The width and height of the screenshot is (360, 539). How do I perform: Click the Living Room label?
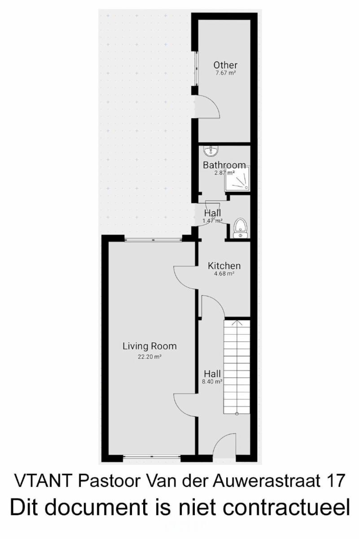(149, 346)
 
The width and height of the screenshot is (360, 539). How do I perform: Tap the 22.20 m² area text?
(149, 357)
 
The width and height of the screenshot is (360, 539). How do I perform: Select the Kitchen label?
(224, 265)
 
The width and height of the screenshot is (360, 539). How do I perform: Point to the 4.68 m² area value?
(224, 274)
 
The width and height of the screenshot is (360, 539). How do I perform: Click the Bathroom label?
(224, 165)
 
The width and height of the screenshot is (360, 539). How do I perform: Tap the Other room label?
(225, 65)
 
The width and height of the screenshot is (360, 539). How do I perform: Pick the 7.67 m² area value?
(225, 73)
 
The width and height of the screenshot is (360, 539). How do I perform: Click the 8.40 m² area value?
(212, 381)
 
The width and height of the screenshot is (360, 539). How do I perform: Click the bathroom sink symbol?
(211, 151)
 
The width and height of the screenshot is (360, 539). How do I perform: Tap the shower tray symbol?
(237, 179)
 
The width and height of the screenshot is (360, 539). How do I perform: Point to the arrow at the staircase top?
(237, 323)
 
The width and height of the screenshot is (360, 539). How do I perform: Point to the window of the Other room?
(197, 68)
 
